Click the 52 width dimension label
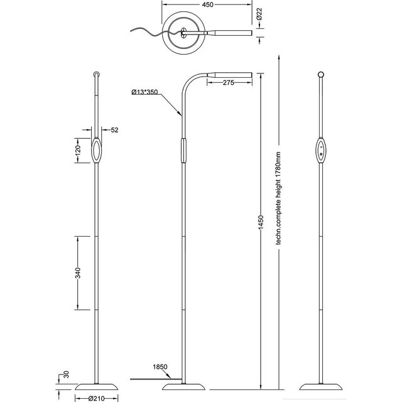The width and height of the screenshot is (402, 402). (x=114, y=130)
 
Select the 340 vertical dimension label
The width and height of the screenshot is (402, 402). (x=79, y=273)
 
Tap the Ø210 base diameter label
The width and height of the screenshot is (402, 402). (x=96, y=397)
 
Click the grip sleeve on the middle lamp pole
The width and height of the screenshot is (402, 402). (x=183, y=151)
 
